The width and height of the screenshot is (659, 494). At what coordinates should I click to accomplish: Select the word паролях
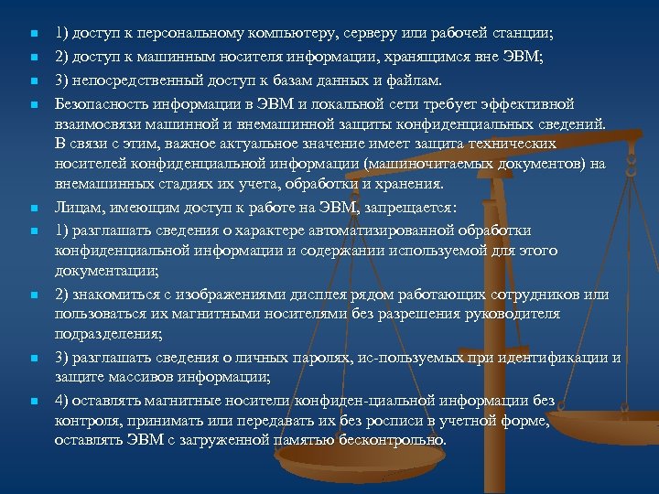(x=301, y=357)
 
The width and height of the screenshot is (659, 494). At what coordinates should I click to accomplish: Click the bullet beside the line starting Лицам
(x=32, y=208)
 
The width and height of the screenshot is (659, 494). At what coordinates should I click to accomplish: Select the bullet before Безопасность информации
(x=32, y=102)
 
